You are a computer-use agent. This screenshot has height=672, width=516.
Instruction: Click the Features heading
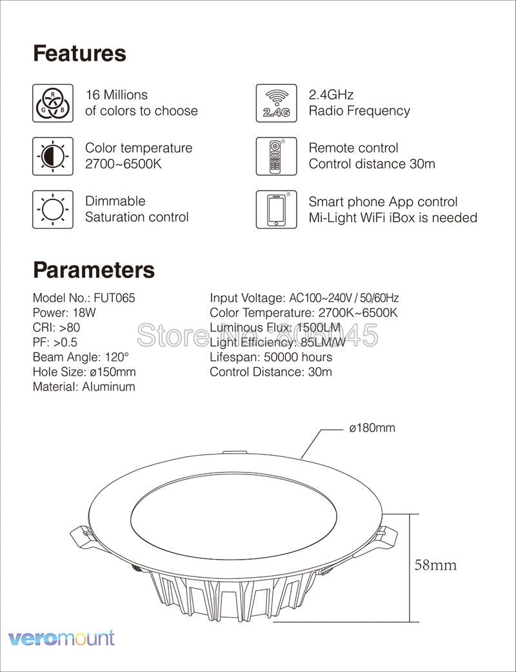(x=79, y=53)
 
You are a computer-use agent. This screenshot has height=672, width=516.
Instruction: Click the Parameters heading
(x=94, y=269)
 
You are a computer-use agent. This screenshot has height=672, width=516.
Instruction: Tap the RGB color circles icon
(x=52, y=103)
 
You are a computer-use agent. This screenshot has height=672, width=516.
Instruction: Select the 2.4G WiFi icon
(x=276, y=103)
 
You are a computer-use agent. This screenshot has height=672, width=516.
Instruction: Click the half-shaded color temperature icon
(x=52, y=156)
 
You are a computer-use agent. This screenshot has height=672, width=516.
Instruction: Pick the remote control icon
(x=276, y=156)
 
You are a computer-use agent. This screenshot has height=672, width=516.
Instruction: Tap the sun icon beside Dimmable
(x=52, y=209)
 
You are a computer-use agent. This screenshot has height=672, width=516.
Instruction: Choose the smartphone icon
(x=276, y=209)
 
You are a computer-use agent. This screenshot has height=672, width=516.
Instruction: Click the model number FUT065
(x=114, y=298)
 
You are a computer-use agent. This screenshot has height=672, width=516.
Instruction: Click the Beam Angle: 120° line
(x=81, y=357)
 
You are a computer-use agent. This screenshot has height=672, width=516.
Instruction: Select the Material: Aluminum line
(x=84, y=387)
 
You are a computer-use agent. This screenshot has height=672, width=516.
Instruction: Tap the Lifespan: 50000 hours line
(x=271, y=357)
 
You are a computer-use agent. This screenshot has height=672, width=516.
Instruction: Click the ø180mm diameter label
(x=372, y=428)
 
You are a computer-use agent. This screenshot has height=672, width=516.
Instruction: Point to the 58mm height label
(x=435, y=565)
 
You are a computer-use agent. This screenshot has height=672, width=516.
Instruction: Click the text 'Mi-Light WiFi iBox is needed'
(x=393, y=218)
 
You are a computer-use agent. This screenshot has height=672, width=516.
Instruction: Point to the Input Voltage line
(x=304, y=298)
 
